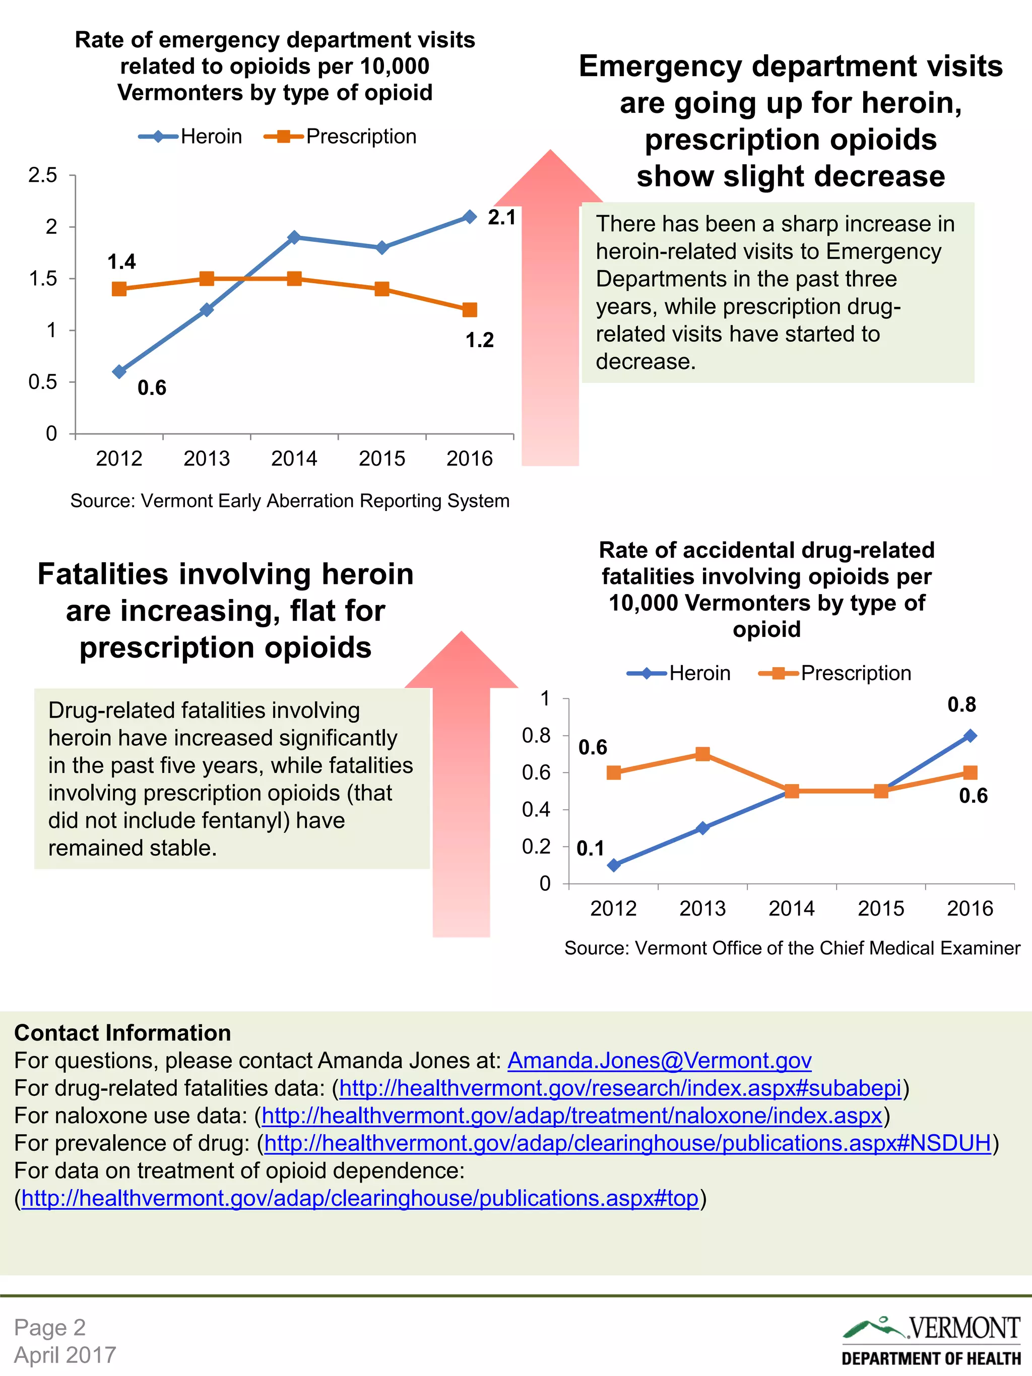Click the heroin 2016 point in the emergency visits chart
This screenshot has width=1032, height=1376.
pyautogui.click(x=470, y=217)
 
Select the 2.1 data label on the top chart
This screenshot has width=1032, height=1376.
pyautogui.click(x=501, y=218)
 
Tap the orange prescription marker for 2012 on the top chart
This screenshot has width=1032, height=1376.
pyautogui.click(x=119, y=289)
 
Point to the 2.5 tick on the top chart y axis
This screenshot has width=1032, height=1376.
pyautogui.click(x=42, y=175)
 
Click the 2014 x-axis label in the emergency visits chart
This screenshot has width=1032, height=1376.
pyautogui.click(x=294, y=458)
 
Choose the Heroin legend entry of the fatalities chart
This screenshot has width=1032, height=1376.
pyautogui.click(x=679, y=673)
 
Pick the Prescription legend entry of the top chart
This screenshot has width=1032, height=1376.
pyautogui.click(x=341, y=136)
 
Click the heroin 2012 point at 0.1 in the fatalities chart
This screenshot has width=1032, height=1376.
pyautogui.click(x=613, y=865)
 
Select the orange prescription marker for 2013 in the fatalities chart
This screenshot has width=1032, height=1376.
pyautogui.click(x=702, y=754)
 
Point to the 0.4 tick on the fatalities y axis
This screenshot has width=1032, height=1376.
pyautogui.click(x=536, y=809)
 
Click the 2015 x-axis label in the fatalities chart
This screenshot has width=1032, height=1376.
pyautogui.click(x=880, y=909)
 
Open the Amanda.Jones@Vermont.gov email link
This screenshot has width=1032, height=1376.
pyautogui.click(x=660, y=1060)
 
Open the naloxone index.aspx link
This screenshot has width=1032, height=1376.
pyautogui.click(x=571, y=1116)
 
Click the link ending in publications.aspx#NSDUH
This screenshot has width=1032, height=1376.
pyautogui.click(x=627, y=1143)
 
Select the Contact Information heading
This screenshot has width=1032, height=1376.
pyautogui.click(x=122, y=1032)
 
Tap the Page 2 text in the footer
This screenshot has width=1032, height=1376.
pyautogui.click(x=50, y=1327)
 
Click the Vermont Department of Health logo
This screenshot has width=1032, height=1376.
pyautogui.click(x=931, y=1340)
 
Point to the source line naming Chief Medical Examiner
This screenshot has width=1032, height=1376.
pyautogui.click(x=792, y=948)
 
